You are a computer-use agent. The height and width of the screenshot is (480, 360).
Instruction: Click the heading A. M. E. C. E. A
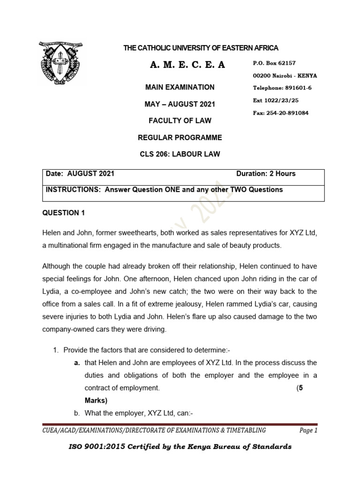click(x=187, y=65)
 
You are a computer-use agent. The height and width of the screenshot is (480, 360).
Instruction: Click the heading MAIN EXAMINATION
click(x=180, y=87)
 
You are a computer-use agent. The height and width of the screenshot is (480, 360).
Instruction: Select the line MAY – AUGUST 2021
click(x=180, y=104)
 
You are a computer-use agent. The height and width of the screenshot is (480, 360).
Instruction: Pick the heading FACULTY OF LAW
click(x=180, y=120)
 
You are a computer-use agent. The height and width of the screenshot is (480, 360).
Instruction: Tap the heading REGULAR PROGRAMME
click(x=180, y=137)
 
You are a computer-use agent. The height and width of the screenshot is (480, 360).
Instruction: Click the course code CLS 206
click(x=155, y=154)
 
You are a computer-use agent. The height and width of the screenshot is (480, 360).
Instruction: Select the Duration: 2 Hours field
click(x=266, y=173)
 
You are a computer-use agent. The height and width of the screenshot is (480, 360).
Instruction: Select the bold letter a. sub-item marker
click(x=76, y=363)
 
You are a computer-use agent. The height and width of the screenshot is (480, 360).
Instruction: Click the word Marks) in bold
click(x=96, y=400)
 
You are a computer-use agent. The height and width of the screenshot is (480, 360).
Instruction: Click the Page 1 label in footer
click(x=308, y=430)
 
